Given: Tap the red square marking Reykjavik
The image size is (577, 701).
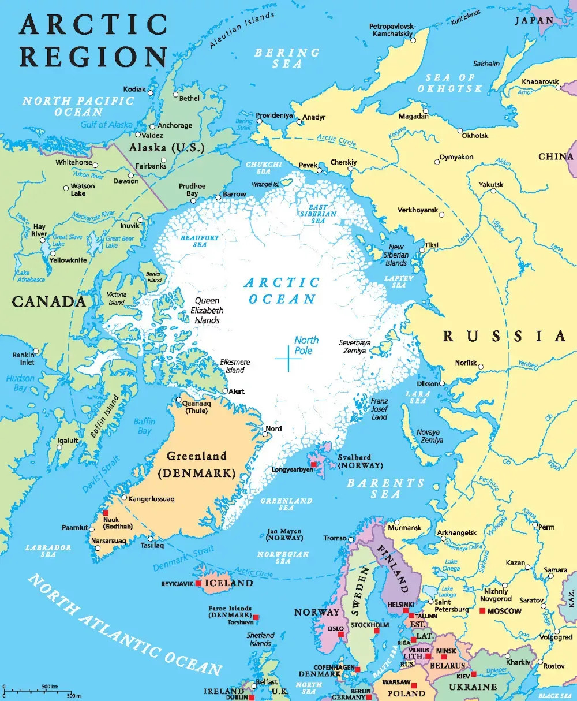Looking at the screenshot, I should (198, 584).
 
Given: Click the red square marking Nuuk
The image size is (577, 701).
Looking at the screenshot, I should (106, 513).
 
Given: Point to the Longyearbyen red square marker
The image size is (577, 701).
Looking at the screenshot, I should (314, 464).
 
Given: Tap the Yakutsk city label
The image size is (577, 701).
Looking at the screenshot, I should (490, 185).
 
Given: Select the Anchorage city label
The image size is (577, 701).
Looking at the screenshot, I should (175, 125).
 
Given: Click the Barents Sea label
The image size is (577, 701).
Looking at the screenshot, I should (385, 489).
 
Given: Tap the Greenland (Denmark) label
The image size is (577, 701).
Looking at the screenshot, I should (197, 465).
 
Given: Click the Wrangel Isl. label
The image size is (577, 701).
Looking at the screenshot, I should (265, 184).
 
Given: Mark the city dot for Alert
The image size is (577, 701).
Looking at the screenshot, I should (225, 391).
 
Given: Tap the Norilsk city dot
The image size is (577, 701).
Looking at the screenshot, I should (480, 366).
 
